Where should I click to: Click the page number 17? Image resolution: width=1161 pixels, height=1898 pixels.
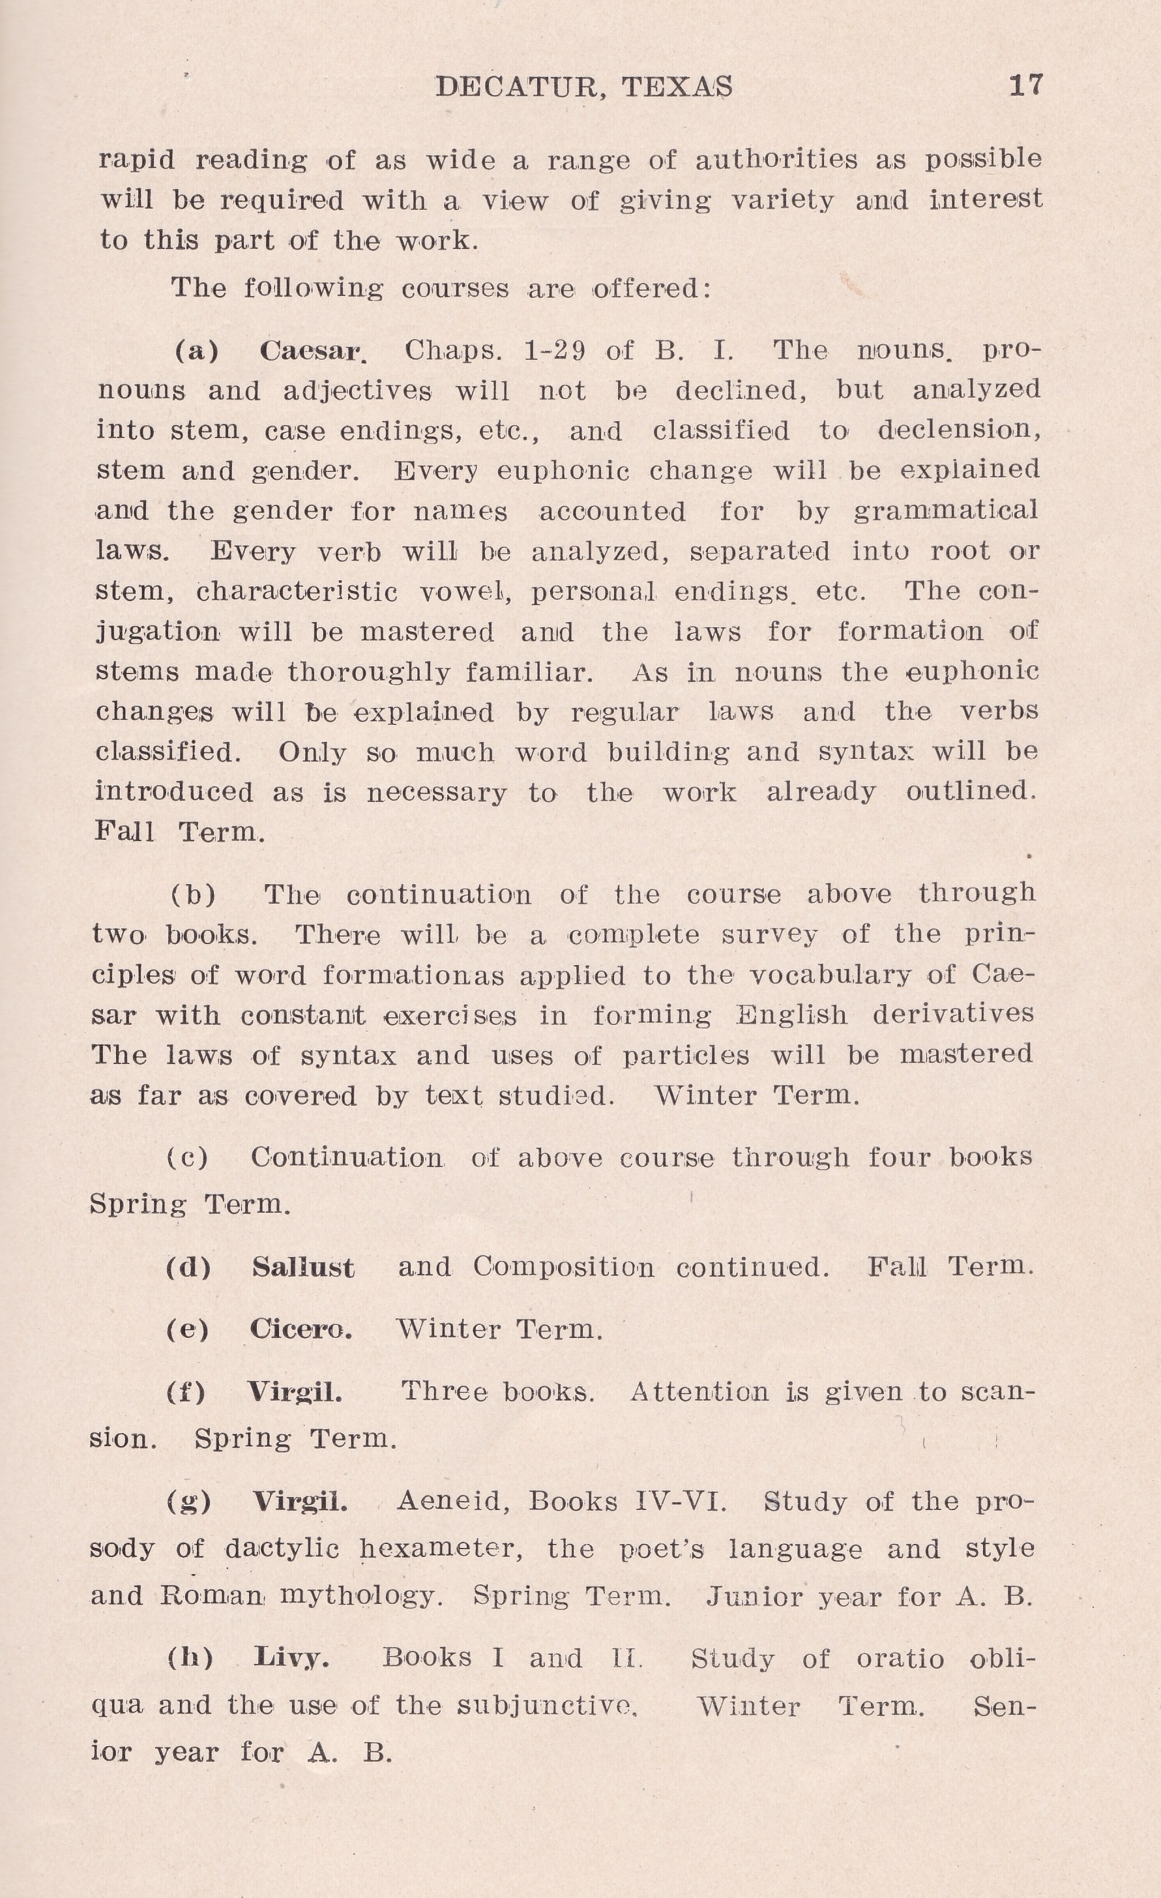(x=1025, y=85)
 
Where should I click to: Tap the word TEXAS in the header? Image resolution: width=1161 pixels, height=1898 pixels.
(x=677, y=87)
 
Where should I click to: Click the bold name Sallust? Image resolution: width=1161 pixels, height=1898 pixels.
(x=303, y=1268)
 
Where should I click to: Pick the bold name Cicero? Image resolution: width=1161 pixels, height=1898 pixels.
(x=301, y=1329)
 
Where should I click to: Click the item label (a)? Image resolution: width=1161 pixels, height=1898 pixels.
(x=197, y=351)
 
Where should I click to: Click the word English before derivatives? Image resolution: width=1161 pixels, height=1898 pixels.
(x=791, y=1015)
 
